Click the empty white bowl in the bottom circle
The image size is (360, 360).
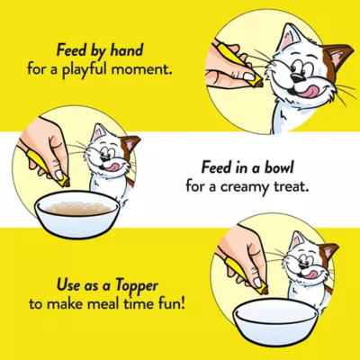click(x=276, y=316)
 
